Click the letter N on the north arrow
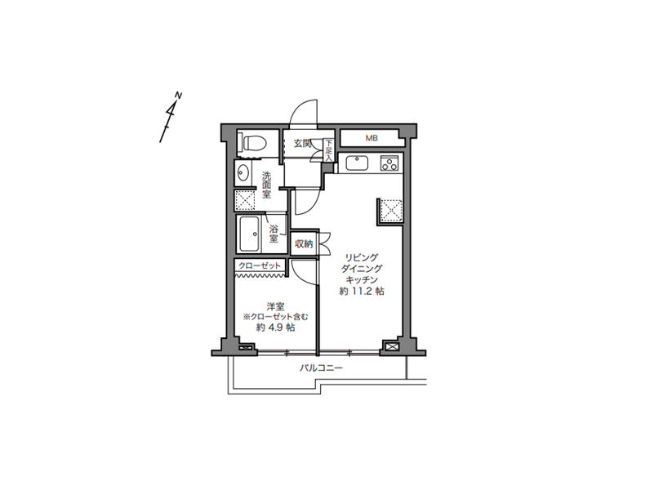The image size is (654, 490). click(x=178, y=96)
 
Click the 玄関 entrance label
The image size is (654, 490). click(x=303, y=144)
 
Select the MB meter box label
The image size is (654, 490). click(x=371, y=138)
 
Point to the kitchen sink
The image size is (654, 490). click(x=357, y=163)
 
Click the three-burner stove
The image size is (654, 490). click(x=390, y=163)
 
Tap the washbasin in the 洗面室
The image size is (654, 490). click(x=243, y=172)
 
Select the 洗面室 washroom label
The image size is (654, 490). click(x=266, y=185)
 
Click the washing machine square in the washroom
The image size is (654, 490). click(x=245, y=200)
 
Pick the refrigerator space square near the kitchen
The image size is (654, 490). click(x=391, y=210)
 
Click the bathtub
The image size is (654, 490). click(x=249, y=234)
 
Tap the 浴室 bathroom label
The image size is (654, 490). click(x=274, y=234)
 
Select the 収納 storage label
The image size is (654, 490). click(x=304, y=243)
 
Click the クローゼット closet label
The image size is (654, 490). click(x=260, y=265)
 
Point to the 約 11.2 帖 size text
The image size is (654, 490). click(x=362, y=291)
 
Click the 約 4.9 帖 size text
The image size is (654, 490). click(x=275, y=327)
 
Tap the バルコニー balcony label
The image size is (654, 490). click(x=321, y=368)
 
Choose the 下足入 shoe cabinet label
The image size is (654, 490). click(x=329, y=150)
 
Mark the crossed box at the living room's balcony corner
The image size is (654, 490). click(x=392, y=346)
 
